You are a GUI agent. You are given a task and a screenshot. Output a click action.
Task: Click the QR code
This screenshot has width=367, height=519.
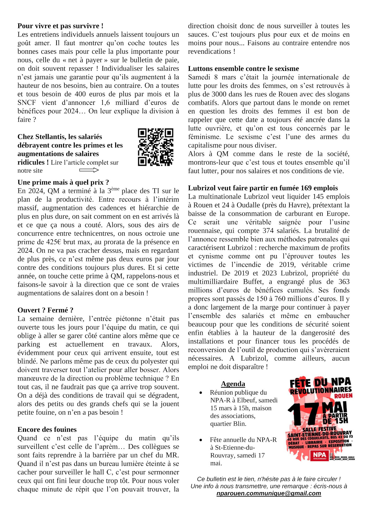(155, 147)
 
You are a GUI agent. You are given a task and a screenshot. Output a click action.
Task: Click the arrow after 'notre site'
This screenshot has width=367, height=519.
(89, 170)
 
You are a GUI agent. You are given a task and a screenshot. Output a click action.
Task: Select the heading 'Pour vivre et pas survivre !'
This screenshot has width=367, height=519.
(60, 26)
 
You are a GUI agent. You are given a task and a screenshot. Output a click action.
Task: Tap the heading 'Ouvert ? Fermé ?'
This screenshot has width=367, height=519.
(45, 310)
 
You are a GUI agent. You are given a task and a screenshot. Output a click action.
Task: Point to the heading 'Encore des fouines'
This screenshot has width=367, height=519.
(47, 430)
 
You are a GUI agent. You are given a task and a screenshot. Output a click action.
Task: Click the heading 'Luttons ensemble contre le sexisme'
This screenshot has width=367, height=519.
(243, 69)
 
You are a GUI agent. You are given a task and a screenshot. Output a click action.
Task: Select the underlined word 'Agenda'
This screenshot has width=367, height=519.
(233, 384)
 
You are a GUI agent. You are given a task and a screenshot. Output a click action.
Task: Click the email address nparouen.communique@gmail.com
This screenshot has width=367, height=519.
(268, 493)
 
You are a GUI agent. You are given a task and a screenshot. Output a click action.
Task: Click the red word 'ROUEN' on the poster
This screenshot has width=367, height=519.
(343, 396)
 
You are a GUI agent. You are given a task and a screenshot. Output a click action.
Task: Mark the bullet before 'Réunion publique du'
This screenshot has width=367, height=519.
(201, 393)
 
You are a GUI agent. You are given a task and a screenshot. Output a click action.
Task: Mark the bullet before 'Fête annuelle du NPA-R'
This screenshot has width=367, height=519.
(201, 440)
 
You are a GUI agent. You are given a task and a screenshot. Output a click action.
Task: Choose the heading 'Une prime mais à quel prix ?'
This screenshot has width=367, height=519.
(63, 182)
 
